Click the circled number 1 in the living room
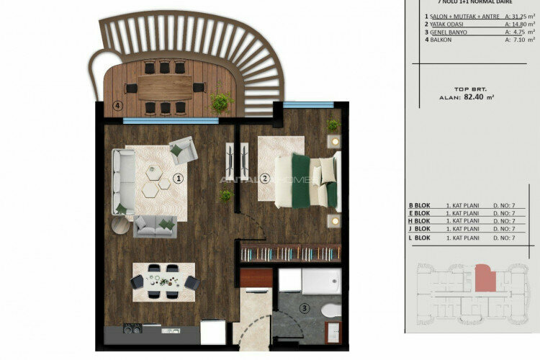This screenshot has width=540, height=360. tap(178, 178)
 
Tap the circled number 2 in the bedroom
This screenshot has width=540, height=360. tap(264, 178)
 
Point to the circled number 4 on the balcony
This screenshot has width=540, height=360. tap(118, 106)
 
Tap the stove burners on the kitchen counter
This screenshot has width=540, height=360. tap(133, 328)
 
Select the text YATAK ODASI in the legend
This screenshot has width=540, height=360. tap(449, 24)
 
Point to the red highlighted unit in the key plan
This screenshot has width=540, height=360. tap(485, 276)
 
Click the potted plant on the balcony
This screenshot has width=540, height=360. tap(221, 102)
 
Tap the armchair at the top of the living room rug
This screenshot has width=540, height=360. tap(183, 150)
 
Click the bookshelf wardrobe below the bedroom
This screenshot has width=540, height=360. tap(289, 252)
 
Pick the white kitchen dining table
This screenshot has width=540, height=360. tap(163, 280)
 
